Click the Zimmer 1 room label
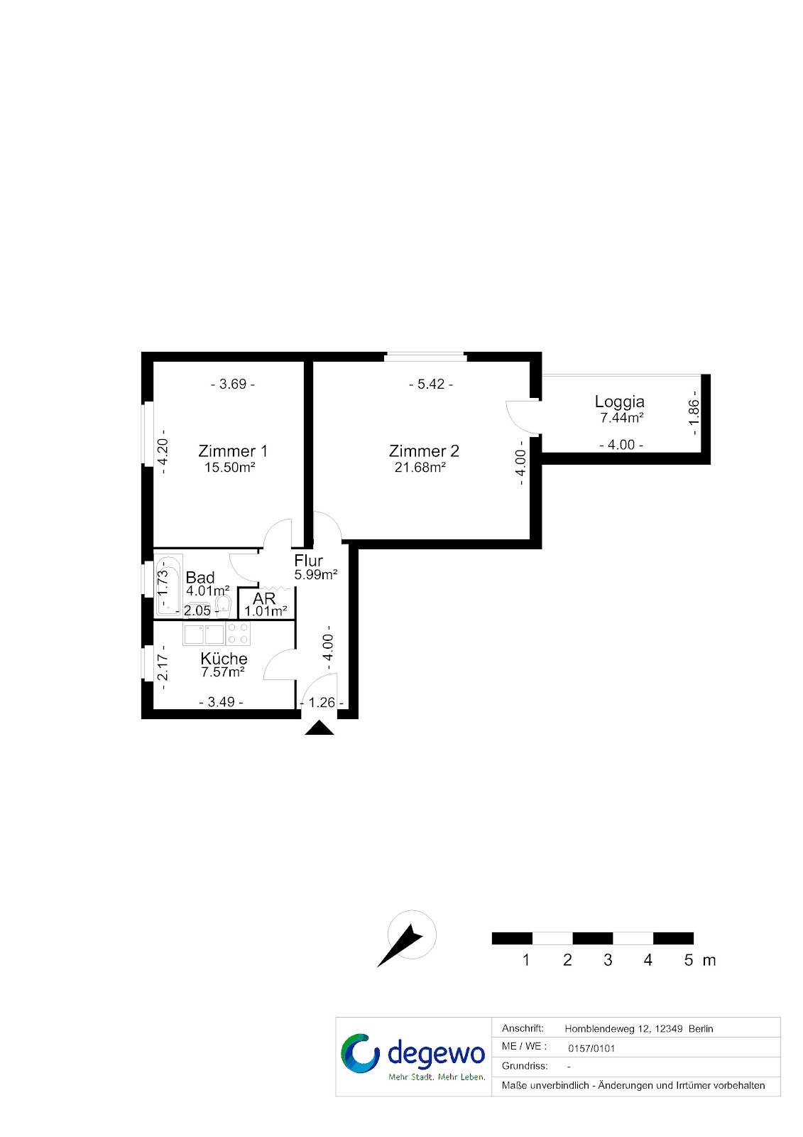pos(232,451)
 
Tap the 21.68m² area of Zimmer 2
pos(420,467)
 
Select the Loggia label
pos(619,402)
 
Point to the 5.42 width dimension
pos(431,384)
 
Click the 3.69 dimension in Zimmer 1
pos(232,384)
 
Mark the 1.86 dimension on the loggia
pos(694,413)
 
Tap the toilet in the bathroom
pos(223,605)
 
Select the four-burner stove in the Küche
pos(238,633)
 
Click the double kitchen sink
pos(204,635)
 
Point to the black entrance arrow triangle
pos(319,728)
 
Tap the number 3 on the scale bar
pos(608,960)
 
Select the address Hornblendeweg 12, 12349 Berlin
pos(639,1029)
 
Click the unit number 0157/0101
pos(591,1049)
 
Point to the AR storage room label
pos(264,598)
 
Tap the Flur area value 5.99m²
pos(316,575)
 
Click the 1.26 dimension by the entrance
pos(322,702)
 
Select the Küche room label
pos(224,658)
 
